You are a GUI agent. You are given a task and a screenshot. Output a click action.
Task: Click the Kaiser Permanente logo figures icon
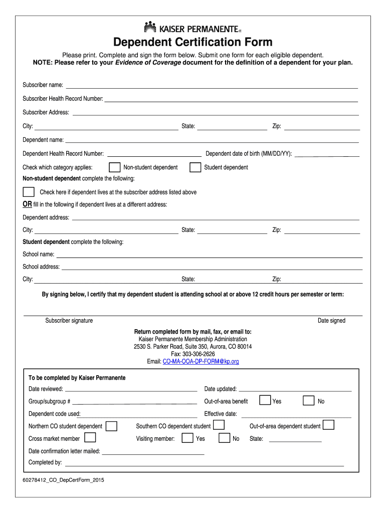pyautogui.click(x=151, y=27)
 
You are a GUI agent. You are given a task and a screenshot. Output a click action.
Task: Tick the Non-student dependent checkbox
pyautogui.click(x=115, y=167)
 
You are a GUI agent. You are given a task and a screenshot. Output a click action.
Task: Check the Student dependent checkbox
pyautogui.click(x=196, y=167)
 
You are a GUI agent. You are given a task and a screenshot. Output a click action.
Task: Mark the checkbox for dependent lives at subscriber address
pyautogui.click(x=29, y=192)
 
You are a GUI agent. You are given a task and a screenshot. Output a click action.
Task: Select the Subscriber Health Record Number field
pyautogui.click(x=231, y=101)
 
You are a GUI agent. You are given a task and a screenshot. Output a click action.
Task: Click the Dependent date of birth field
pyautogui.click(x=327, y=156)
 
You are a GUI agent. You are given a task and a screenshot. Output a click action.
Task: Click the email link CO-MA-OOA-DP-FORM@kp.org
pyautogui.click(x=201, y=361)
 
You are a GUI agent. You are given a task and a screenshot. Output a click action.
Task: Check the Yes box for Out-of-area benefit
pyautogui.click(x=265, y=400)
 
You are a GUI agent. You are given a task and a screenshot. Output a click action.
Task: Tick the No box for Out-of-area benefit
pyautogui.click(x=309, y=400)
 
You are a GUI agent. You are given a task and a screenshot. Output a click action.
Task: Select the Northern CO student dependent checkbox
pyautogui.click(x=111, y=426)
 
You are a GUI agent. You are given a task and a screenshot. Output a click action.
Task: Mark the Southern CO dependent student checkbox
pyautogui.click(x=219, y=425)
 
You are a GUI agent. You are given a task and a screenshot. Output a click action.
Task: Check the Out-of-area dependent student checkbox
pyautogui.click(x=328, y=425)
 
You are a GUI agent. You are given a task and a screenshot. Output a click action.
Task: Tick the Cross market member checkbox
pyautogui.click(x=90, y=438)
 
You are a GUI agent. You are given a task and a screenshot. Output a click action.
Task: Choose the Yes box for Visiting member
pyautogui.click(x=187, y=438)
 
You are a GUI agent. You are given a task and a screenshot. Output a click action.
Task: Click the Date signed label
pyautogui.click(x=331, y=321)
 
